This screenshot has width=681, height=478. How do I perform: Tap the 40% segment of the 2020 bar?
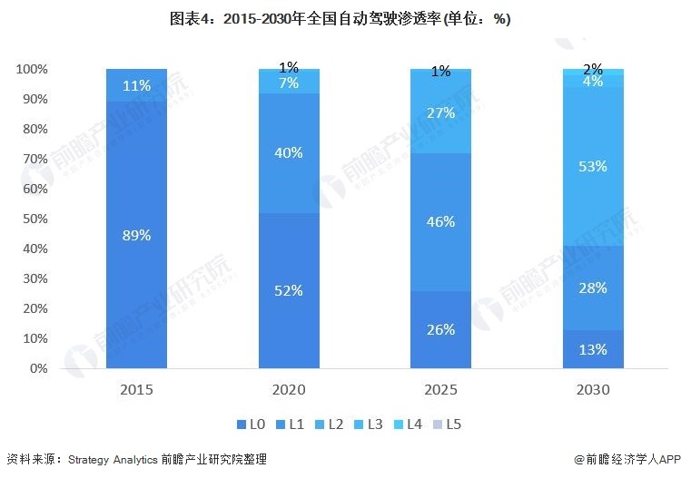click(x=289, y=152)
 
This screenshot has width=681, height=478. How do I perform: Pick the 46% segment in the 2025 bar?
click(x=440, y=220)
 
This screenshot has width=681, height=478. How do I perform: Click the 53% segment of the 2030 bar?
click(x=593, y=167)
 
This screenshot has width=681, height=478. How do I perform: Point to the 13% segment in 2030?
click(x=593, y=350)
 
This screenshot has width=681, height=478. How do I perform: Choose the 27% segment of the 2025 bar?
click(x=440, y=112)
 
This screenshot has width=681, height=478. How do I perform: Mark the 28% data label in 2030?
click(x=593, y=288)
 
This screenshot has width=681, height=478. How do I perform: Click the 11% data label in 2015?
click(x=136, y=85)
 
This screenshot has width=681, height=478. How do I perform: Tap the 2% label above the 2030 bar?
click(x=593, y=69)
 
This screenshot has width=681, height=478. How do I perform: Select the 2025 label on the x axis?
click(x=440, y=390)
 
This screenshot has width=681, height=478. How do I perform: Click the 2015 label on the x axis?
click(x=136, y=390)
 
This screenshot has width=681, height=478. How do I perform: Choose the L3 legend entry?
click(x=368, y=424)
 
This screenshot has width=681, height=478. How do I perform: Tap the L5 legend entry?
click(x=446, y=424)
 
